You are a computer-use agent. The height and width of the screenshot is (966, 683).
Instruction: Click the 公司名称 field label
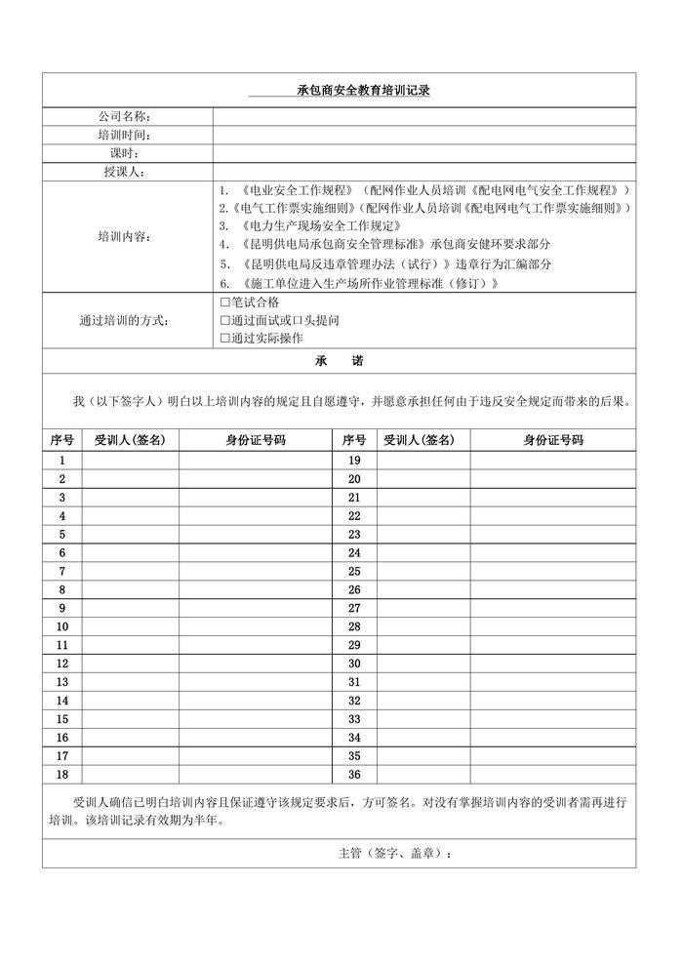[124, 117]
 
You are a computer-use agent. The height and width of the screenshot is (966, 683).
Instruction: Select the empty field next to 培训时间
[423, 135]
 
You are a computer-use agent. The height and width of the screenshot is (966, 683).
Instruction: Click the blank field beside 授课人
[423, 172]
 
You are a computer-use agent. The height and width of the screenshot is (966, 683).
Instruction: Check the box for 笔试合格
[225, 302]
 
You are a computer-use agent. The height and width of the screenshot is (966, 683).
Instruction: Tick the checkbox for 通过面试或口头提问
[225, 320]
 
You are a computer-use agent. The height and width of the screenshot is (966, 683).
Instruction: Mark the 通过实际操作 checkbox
[225, 338]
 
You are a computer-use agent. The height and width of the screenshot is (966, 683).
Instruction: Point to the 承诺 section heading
[339, 360]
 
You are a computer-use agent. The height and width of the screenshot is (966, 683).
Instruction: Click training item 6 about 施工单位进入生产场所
[359, 283]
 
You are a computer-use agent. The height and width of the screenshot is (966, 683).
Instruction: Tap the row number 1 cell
[62, 460]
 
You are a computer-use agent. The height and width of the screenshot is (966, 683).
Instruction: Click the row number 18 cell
[62, 774]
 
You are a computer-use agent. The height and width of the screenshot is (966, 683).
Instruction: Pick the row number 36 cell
[354, 774]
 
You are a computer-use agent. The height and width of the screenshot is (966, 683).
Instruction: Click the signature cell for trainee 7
[130, 571]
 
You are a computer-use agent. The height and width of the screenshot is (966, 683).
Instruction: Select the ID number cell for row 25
[552, 571]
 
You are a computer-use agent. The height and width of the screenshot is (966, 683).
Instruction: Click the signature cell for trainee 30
[423, 664]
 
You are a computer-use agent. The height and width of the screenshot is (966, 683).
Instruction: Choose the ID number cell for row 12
[255, 664]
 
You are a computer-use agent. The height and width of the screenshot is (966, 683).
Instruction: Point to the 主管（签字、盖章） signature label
[394, 852]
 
